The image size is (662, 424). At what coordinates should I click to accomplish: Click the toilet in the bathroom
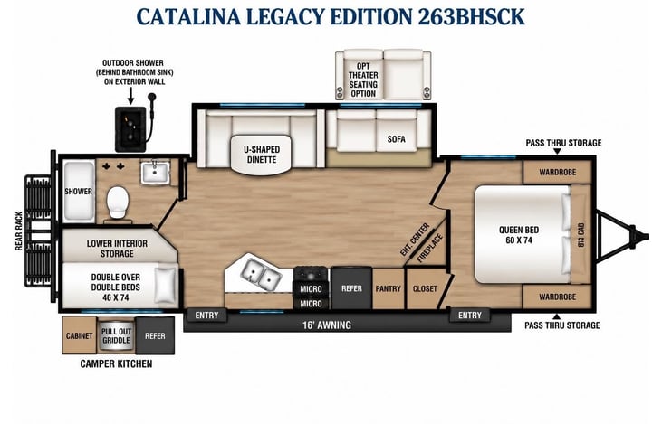click(118, 203)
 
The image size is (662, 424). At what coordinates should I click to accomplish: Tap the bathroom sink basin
click(155, 173)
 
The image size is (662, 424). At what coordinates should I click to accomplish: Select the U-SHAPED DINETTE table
click(262, 155)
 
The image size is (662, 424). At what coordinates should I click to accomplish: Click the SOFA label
click(396, 138)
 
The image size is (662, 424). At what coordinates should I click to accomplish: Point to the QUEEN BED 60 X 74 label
click(518, 235)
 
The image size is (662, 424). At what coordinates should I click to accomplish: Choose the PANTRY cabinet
click(388, 288)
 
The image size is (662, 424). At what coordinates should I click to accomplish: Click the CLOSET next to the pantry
click(425, 288)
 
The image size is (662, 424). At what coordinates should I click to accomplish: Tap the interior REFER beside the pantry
click(351, 288)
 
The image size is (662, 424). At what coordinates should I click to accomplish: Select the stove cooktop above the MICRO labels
click(311, 275)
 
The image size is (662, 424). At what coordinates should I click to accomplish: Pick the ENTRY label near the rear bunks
click(206, 316)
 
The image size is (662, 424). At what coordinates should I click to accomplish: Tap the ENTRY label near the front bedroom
click(469, 316)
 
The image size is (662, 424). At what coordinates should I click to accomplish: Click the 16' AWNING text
click(327, 325)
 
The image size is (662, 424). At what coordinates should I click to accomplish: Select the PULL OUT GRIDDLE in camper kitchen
click(116, 336)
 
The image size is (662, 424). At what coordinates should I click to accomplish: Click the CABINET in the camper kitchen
click(80, 335)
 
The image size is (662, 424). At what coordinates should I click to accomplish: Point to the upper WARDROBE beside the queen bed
click(557, 172)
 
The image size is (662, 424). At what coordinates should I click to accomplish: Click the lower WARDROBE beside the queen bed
click(557, 297)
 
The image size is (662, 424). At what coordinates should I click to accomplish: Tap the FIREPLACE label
click(430, 249)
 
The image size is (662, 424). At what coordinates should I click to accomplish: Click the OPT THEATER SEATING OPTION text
click(362, 80)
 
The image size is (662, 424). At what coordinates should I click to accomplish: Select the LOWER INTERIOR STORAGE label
click(117, 249)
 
